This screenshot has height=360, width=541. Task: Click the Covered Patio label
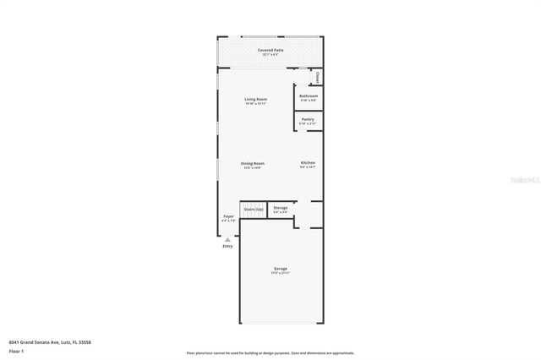270,51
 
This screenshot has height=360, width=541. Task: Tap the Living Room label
256,100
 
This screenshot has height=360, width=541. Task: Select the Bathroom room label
309,95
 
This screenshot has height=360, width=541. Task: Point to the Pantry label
309,119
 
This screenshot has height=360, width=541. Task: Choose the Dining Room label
253,163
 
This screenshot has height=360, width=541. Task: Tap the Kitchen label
308,162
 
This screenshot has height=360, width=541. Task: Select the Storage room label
280,207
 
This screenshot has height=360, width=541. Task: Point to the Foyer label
228,216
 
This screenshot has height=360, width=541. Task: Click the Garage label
280,269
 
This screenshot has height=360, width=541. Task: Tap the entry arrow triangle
227,239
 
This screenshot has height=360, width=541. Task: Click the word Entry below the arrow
227,246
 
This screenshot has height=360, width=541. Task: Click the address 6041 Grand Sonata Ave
49,341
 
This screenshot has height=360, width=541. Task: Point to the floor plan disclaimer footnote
270,352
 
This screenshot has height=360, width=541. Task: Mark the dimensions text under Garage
280,273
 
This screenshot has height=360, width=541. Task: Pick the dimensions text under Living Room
256,104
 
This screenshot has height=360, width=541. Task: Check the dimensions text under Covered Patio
270,55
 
